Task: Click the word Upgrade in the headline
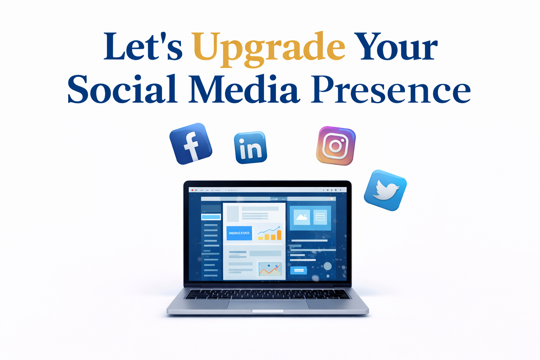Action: point(269,47)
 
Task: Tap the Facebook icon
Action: point(191,144)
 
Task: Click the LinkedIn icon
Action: point(250,148)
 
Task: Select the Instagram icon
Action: point(336,146)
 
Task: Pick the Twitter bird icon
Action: point(385,190)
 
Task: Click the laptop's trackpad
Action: point(268,304)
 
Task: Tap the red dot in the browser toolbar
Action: point(192,190)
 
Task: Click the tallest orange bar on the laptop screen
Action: point(279,235)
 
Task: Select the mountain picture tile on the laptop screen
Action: point(302,217)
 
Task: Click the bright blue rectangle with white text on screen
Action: point(239,233)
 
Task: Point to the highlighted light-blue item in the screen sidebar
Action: point(211,217)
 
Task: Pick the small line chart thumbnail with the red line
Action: point(270,269)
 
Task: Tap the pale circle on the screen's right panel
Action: point(327,266)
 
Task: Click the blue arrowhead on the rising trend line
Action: point(279,227)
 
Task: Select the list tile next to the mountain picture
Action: point(320,217)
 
